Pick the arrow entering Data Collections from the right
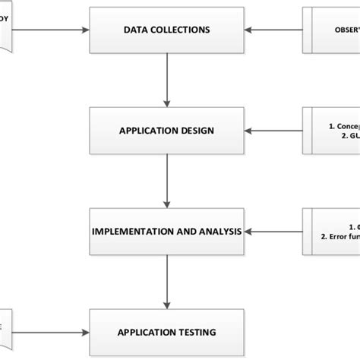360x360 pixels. (x=273, y=30)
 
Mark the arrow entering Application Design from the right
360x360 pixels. (x=273, y=131)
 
